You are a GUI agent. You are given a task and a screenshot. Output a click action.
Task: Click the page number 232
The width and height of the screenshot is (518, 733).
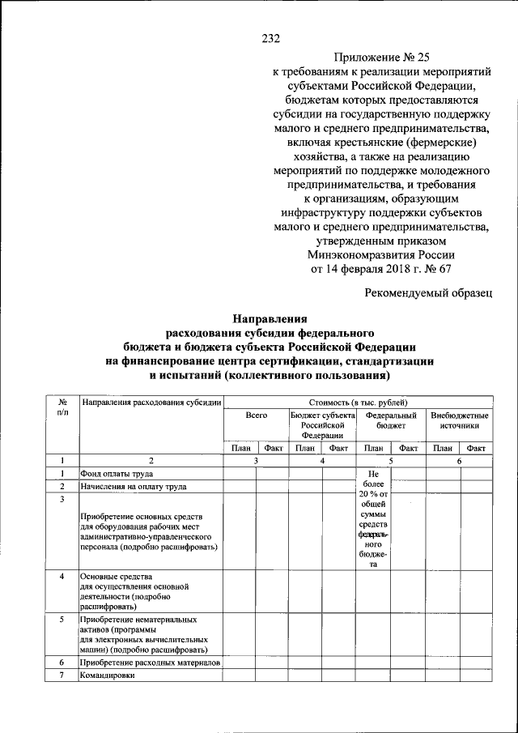[270, 37]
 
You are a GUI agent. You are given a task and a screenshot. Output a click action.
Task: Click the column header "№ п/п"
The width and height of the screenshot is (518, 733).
[62, 407]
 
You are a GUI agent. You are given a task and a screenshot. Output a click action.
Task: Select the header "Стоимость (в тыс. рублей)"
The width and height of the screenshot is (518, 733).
[359, 402]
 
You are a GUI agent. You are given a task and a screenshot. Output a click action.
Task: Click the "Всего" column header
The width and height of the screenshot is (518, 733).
[257, 415]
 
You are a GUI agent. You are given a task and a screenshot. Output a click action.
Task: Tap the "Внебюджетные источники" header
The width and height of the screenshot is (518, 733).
[460, 420]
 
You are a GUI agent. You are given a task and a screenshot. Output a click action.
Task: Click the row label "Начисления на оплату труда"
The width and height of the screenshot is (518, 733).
[133, 486]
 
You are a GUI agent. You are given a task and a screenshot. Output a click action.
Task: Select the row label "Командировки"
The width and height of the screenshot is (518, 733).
[105, 675]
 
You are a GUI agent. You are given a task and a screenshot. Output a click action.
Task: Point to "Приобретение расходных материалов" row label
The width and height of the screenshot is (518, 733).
[150, 663]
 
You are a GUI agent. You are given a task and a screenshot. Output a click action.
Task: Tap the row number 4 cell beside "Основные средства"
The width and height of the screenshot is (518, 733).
[62, 575]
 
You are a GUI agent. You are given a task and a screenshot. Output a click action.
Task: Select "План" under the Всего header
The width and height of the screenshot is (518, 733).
[240, 448]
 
